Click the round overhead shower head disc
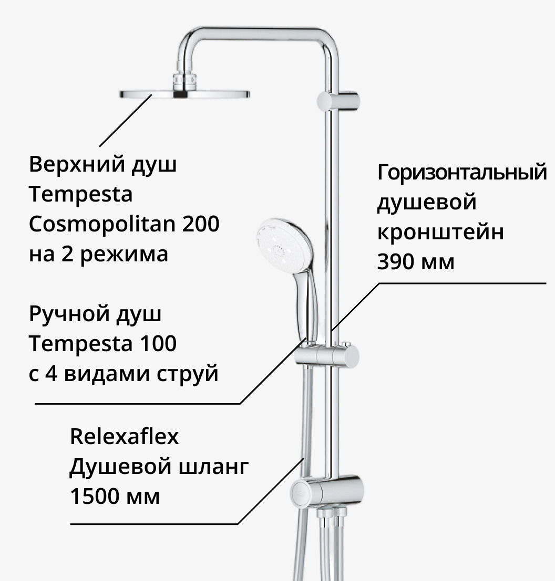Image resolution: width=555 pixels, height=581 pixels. point(184,94)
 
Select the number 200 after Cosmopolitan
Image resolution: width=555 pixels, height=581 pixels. point(201,224)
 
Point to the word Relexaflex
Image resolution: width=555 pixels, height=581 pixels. point(124,436)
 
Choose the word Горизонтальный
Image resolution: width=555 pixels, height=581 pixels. point(462,172)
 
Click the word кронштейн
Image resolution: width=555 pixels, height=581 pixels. point(440,233)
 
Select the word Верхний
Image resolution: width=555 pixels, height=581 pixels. point(77,164)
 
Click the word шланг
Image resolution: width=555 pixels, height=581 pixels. point(214,467)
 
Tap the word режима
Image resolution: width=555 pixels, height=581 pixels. point(124,255)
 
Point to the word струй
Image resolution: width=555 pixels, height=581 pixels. point(187,374)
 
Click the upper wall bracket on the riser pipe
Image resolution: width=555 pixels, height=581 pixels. point(338,101)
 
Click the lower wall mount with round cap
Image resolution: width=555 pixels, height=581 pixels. point(327,492)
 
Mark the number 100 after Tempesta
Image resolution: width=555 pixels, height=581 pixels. point(158,343)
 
